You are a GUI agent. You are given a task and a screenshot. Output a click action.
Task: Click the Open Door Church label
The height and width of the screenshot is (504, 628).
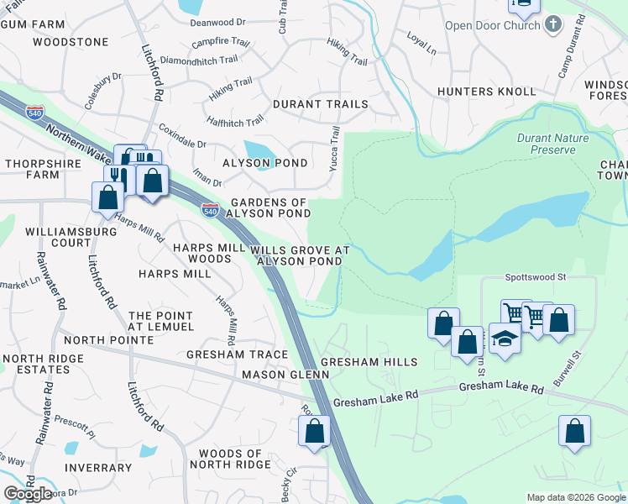point(493,25)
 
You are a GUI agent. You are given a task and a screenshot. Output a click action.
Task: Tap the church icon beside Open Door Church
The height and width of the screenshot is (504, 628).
point(552,24)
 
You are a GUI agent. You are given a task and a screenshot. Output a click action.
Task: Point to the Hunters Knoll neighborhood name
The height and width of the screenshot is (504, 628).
point(486,91)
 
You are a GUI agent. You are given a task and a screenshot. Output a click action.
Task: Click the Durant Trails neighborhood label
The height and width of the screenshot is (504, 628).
point(320,104)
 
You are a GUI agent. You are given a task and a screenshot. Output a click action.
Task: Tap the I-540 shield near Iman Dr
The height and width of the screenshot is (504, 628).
point(210,208)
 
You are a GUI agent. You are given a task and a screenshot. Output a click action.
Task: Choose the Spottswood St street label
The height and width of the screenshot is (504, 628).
point(536,276)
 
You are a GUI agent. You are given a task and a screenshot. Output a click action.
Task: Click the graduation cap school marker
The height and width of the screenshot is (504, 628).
point(504,339)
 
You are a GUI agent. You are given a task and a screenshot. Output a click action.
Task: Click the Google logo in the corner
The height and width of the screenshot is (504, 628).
point(28,493)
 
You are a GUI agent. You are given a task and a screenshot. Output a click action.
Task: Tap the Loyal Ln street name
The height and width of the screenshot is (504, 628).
point(421,45)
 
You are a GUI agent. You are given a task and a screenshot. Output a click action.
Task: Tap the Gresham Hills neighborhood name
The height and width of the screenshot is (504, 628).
point(369,362)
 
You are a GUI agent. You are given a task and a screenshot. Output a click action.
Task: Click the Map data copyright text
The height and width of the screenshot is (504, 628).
point(576,497)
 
